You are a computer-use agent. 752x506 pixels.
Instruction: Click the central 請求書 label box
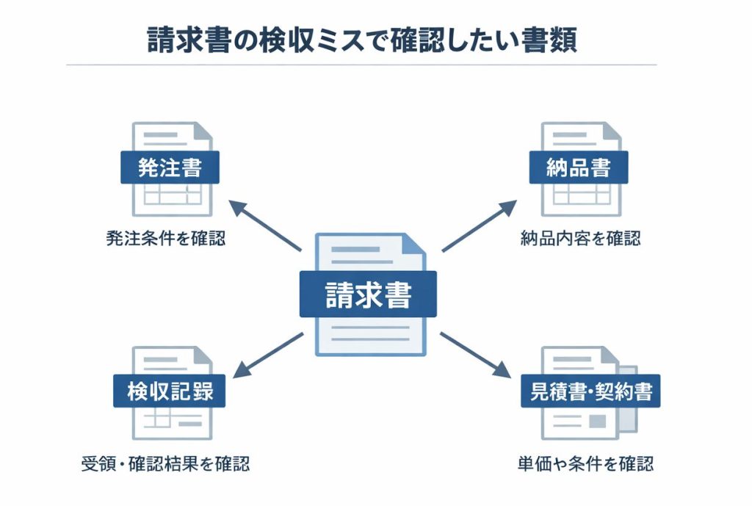tap(368, 294)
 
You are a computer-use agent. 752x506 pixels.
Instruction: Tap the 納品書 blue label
tap(579, 168)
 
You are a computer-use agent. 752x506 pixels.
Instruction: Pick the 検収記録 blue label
tap(170, 391)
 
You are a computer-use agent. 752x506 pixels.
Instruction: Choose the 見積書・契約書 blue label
tap(590, 391)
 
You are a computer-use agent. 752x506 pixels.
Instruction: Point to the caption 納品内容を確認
tap(580, 239)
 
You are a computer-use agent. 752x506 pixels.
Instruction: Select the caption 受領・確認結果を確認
tap(165, 464)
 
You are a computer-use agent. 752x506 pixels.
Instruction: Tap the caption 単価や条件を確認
tap(585, 464)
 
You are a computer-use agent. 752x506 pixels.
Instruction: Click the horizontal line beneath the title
tap(361, 65)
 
